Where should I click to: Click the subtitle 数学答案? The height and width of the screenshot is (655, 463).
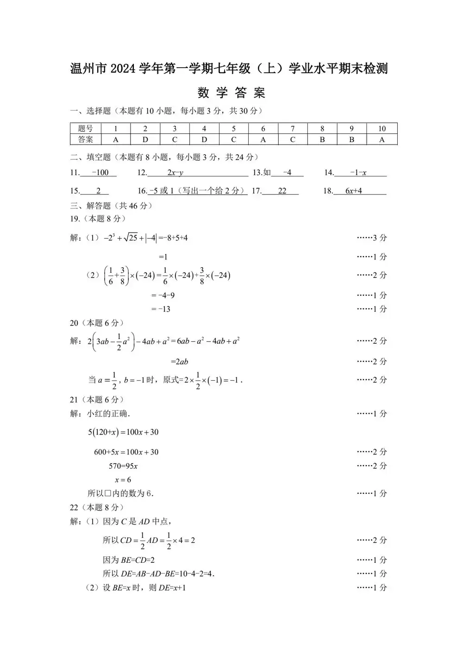tap(231, 93)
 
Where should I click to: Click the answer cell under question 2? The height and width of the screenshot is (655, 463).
tap(145, 139)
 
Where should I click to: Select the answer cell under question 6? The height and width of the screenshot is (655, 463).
tap(263, 139)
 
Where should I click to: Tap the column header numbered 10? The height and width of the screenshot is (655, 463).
tap(382, 129)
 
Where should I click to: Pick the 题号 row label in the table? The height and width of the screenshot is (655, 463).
tap(85, 129)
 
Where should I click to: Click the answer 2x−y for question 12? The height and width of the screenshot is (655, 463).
tap(175, 173)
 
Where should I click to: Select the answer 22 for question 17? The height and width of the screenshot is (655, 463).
tap(282, 191)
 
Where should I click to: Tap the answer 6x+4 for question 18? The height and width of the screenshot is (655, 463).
tap(354, 191)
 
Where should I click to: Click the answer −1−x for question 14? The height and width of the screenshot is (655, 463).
tap(358, 173)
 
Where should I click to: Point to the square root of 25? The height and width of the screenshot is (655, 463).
tap(131, 238)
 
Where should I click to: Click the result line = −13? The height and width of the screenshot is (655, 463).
tap(161, 309)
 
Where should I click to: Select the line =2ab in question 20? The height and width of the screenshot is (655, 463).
tap(180, 362)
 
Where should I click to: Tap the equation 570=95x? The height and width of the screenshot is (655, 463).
tap(123, 466)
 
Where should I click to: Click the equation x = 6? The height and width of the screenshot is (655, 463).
tap(123, 480)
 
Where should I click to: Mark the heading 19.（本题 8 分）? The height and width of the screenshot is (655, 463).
tap(98, 219)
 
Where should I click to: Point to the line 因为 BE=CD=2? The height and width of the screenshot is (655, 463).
tap(129, 560)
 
